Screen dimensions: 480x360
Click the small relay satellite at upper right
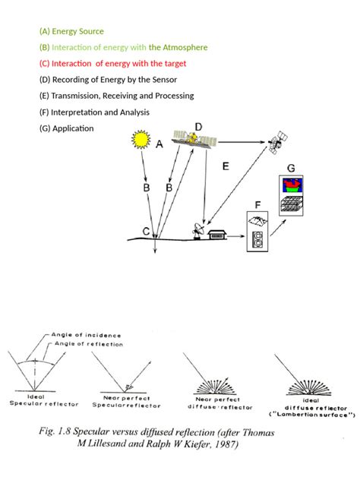(277, 142)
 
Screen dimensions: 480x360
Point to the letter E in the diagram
(225, 165)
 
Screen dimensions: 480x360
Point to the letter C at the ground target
(146, 231)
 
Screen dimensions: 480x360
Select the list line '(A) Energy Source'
(71, 31)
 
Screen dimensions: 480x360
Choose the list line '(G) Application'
(66, 128)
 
